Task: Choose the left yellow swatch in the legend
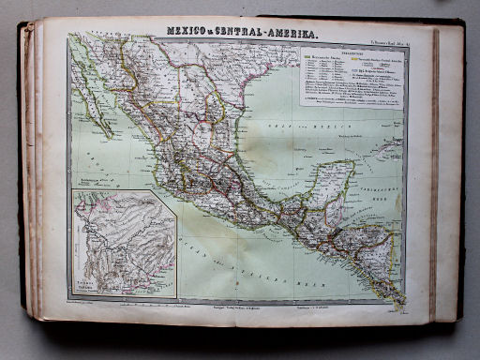pyautogui.click(x=308, y=62)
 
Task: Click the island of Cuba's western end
pyautogui.click(x=383, y=148)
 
